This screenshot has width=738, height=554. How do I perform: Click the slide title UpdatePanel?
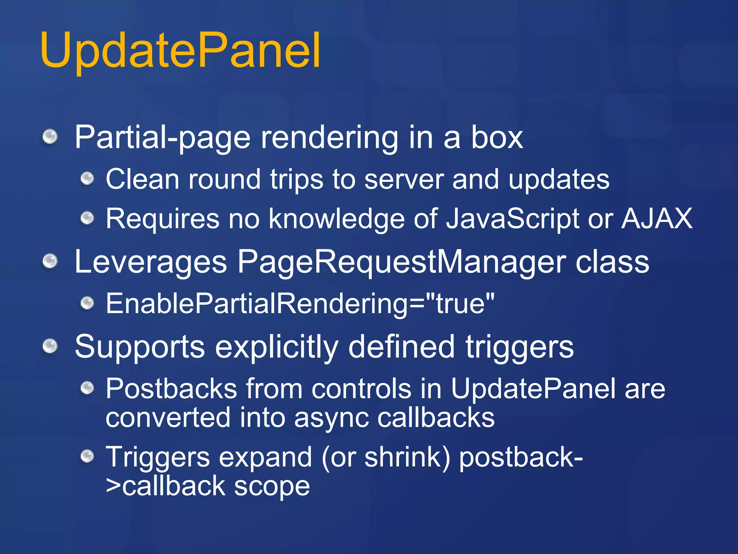[x=180, y=50]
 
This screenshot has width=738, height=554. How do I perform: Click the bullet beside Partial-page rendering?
[x=50, y=137]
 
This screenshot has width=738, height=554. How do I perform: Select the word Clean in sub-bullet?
[x=147, y=179]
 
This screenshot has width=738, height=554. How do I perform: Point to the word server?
[x=404, y=179]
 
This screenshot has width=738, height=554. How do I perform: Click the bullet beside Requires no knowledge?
[x=87, y=218]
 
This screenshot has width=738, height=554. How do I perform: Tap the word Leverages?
[x=151, y=262]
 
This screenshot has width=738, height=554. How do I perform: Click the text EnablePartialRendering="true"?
[x=300, y=304]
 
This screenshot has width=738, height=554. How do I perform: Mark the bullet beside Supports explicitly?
[x=50, y=347]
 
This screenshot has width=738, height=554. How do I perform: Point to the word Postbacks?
[x=171, y=389]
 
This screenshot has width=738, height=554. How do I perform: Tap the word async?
[x=331, y=418]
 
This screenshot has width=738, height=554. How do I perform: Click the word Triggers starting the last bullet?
[x=157, y=457]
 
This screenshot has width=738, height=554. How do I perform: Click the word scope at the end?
[x=272, y=486]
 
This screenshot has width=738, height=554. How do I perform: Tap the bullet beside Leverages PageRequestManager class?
[x=50, y=261]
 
